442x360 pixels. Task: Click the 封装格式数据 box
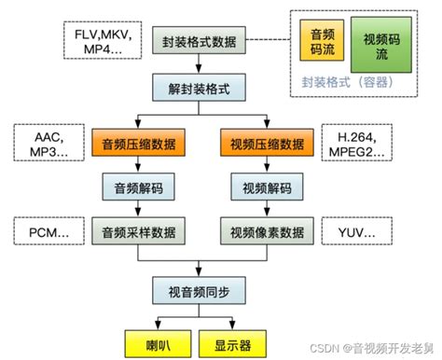point(203,43)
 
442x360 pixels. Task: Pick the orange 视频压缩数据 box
point(266,145)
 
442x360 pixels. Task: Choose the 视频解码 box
point(266,187)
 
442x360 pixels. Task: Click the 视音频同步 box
point(200,292)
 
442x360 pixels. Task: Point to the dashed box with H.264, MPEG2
point(354,145)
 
